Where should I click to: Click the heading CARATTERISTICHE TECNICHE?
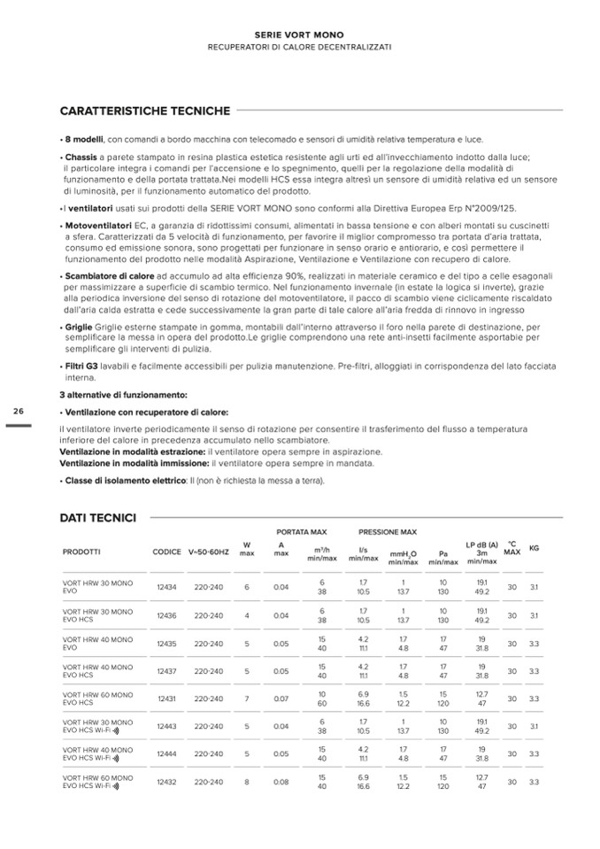(144, 111)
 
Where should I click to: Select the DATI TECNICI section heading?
(97, 517)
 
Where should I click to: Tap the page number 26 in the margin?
(18, 411)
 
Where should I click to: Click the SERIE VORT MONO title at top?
(299, 34)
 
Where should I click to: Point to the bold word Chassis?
(81, 157)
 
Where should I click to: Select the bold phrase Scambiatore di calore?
(104, 277)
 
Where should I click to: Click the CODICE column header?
(166, 552)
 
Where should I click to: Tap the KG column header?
(533, 548)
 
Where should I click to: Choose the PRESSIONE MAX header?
(387, 532)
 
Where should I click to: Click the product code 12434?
(166, 587)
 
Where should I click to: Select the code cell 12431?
(166, 698)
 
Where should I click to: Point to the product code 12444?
(166, 754)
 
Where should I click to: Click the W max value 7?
(247, 698)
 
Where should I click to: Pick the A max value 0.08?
(281, 782)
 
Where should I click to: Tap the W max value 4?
(247, 615)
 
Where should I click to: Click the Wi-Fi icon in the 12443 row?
(115, 731)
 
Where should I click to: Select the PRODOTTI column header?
(81, 552)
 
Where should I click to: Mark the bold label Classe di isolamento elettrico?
(119, 481)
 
